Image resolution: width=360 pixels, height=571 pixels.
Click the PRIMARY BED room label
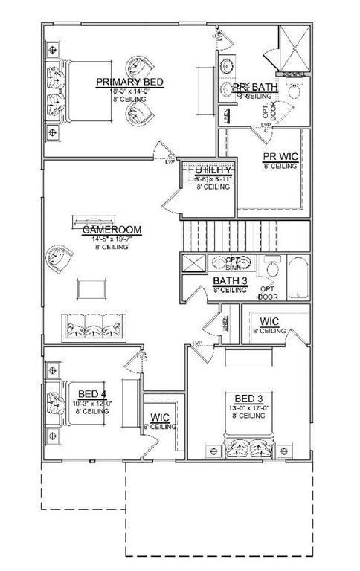point(129,82)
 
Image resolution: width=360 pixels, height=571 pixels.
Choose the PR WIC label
point(280,157)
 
